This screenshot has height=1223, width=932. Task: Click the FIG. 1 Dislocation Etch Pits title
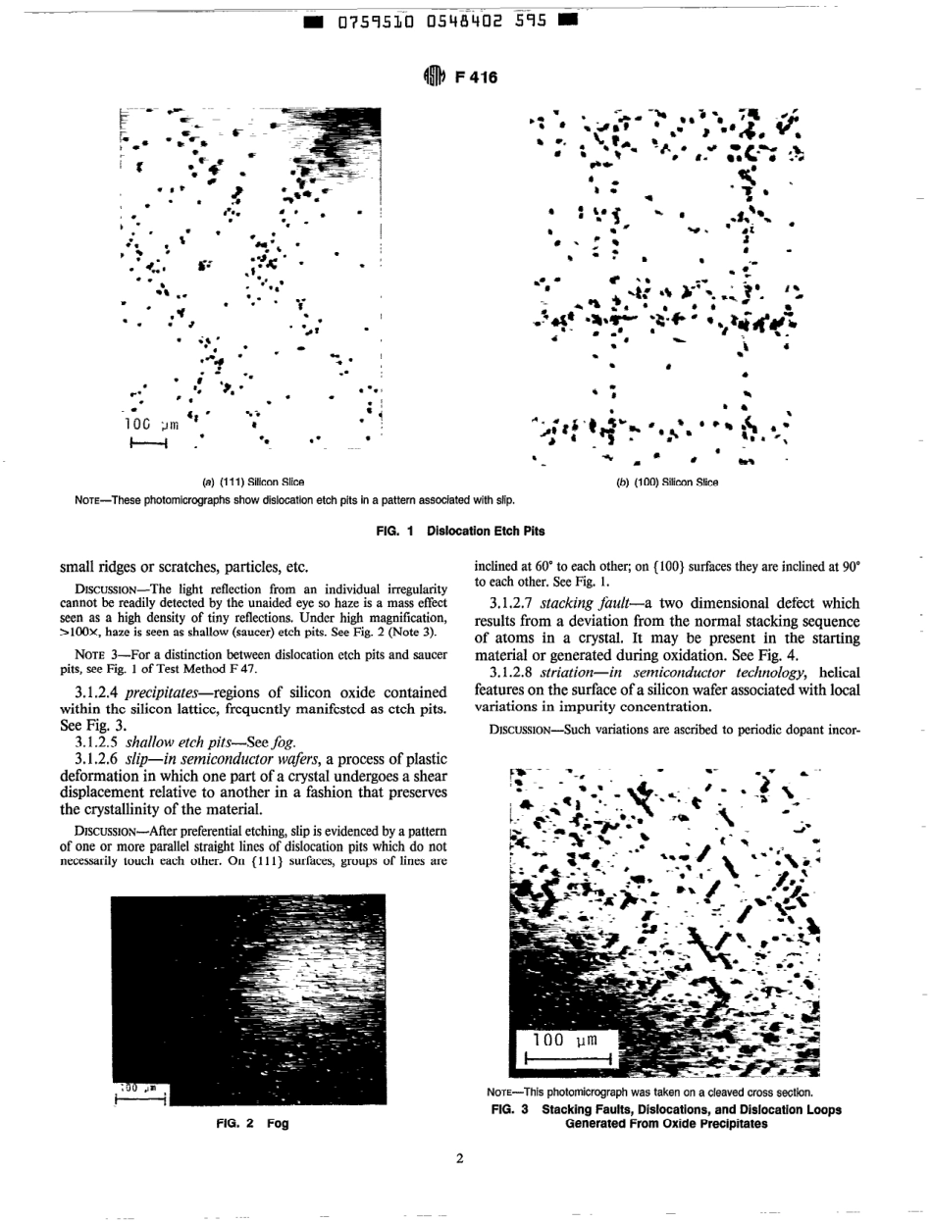(460, 531)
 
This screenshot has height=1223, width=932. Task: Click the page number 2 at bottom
(459, 1163)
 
